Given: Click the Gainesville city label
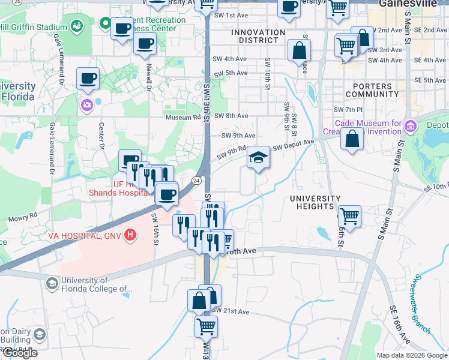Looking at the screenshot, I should (x=414, y=4).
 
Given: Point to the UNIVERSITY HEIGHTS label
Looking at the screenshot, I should (x=315, y=202).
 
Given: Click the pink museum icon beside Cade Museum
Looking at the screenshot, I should (x=411, y=126).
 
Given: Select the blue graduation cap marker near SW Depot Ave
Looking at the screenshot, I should (x=259, y=158).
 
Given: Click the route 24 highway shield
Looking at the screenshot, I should (x=197, y=181).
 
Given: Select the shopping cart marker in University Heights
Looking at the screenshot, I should (x=349, y=216).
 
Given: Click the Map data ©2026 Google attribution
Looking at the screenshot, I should (x=412, y=355).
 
